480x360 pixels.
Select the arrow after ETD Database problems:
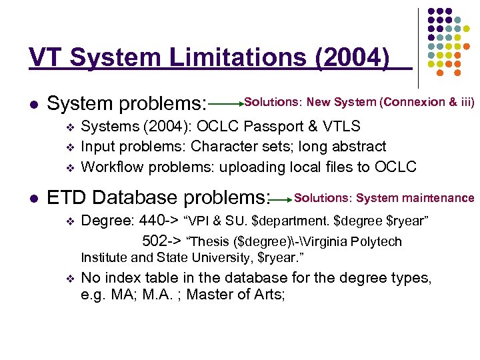point(282,199)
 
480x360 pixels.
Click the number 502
point(155,241)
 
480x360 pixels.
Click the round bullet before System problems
point(33,105)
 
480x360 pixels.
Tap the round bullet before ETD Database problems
point(33,199)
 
